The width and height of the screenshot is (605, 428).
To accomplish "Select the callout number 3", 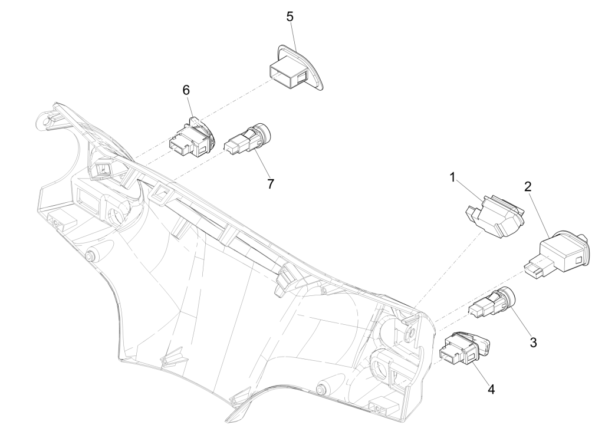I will [x=532, y=341].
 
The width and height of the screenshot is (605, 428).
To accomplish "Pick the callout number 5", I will [x=290, y=16].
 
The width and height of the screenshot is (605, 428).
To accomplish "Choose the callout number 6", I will [x=186, y=90].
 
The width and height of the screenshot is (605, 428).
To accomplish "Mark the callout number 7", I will [x=270, y=183].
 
